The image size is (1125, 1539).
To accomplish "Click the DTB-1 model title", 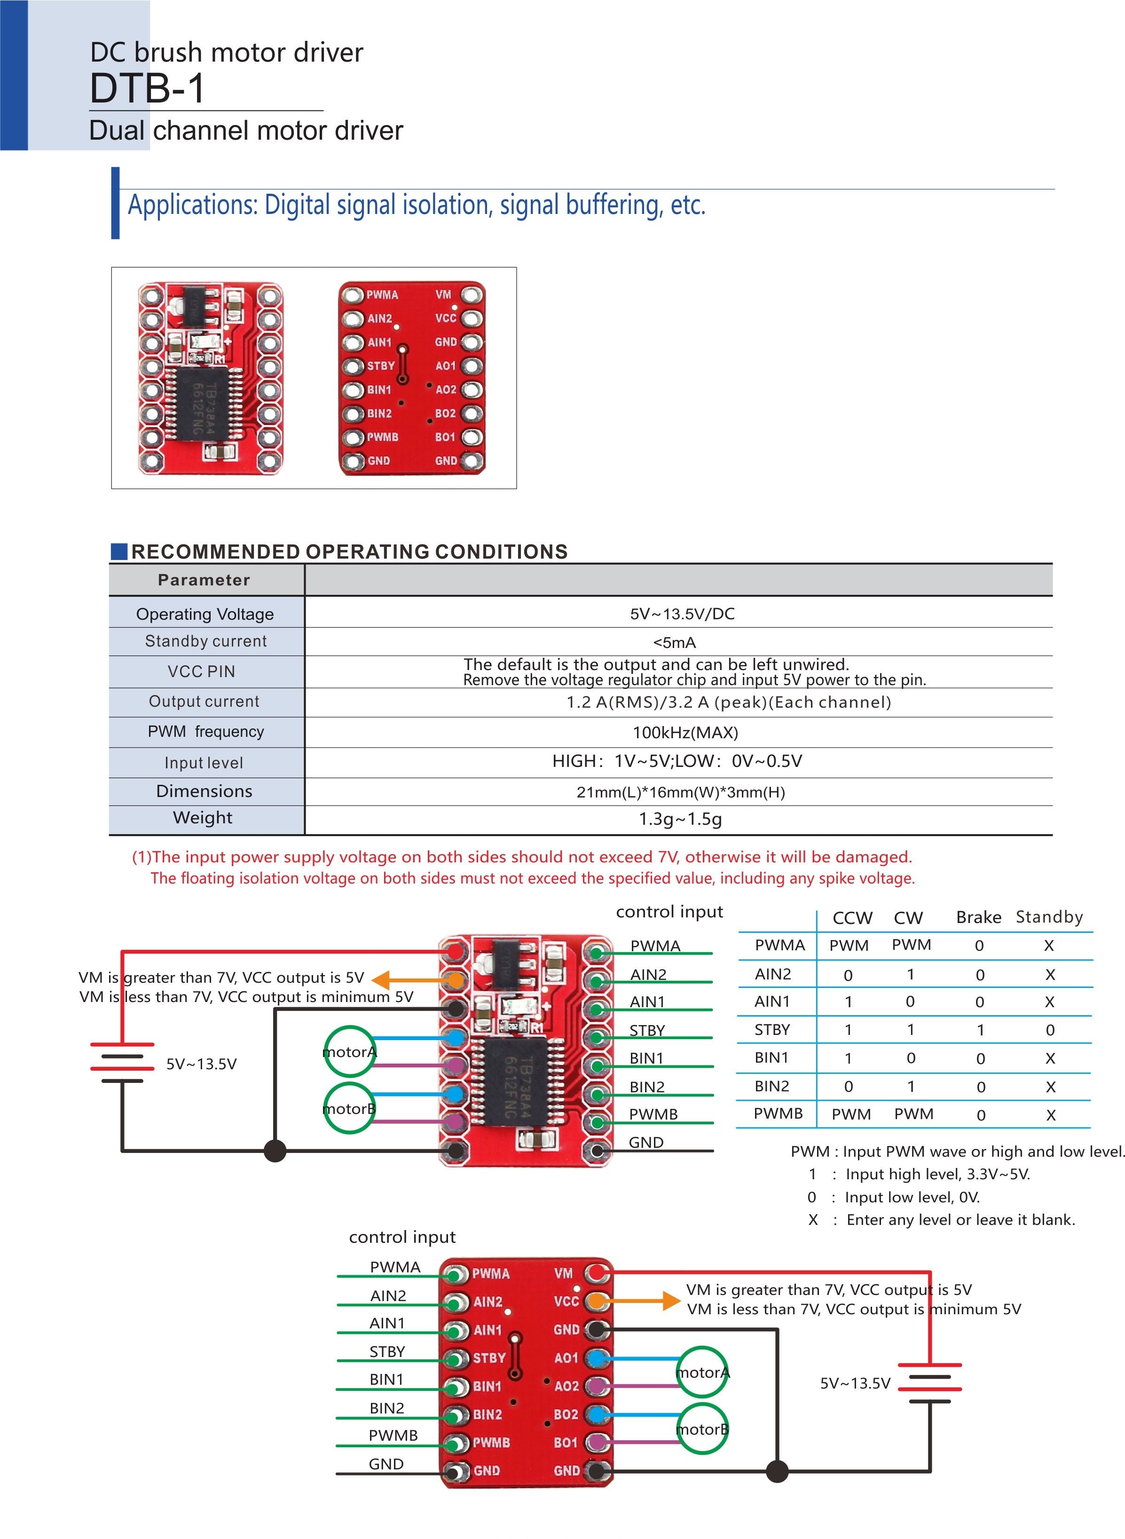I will pyautogui.click(x=147, y=88).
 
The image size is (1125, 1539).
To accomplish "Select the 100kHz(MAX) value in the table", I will pyautogui.click(x=685, y=733).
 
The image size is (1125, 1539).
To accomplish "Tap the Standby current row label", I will pyautogui.click(x=205, y=641).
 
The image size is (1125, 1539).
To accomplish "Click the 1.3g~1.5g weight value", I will pyautogui.click(x=680, y=819).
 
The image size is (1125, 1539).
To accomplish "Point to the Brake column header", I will pyautogui.click(x=979, y=917).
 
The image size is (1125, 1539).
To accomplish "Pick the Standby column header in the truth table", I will pyautogui.click(x=1049, y=917).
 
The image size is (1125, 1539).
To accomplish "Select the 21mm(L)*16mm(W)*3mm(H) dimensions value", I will pyautogui.click(x=680, y=792).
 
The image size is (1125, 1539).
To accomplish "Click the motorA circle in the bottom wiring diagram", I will pyautogui.click(x=702, y=1372).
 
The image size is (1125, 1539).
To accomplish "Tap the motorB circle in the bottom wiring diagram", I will pyautogui.click(x=702, y=1429).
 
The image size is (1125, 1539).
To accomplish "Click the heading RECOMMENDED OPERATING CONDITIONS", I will pyautogui.click(x=349, y=552).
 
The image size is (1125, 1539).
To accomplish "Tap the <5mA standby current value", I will pyautogui.click(x=674, y=642).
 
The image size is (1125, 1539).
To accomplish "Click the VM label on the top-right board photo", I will pyautogui.click(x=443, y=294).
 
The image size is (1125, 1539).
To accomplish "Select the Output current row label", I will pyautogui.click(x=205, y=702).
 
